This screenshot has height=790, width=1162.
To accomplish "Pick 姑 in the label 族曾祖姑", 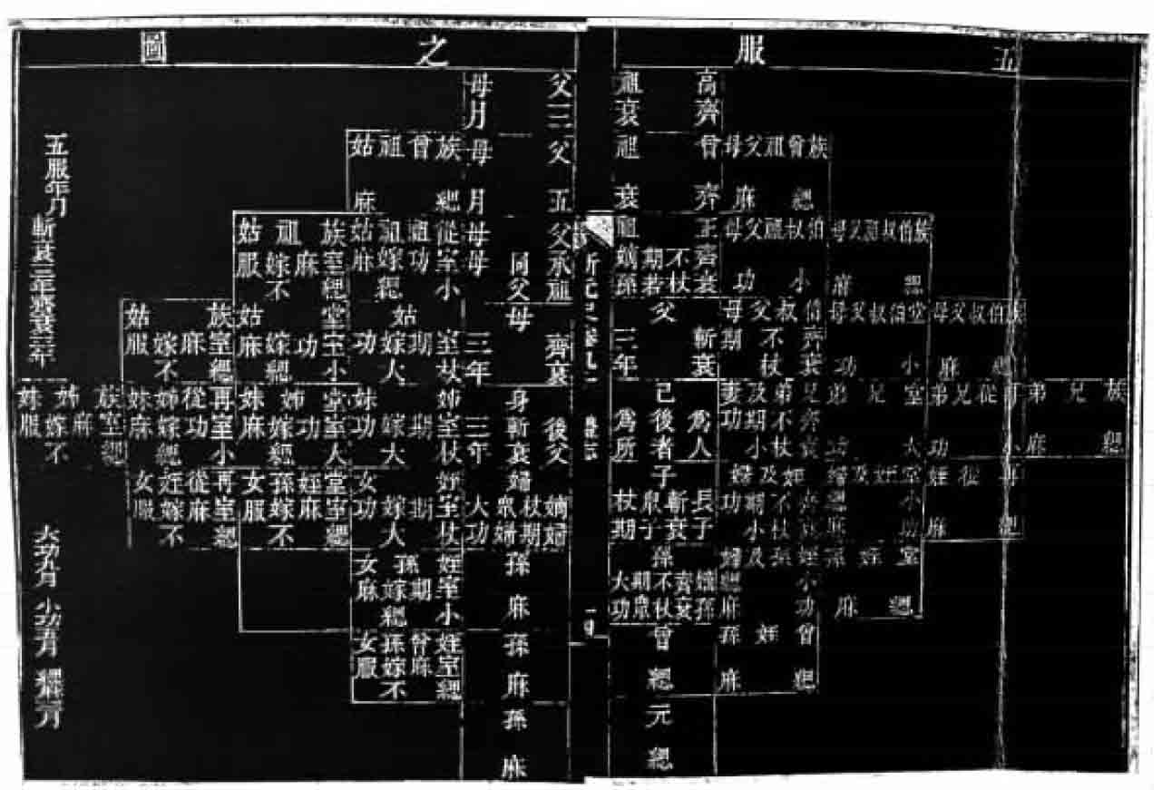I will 359,144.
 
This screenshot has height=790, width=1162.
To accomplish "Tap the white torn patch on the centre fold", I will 596,229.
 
